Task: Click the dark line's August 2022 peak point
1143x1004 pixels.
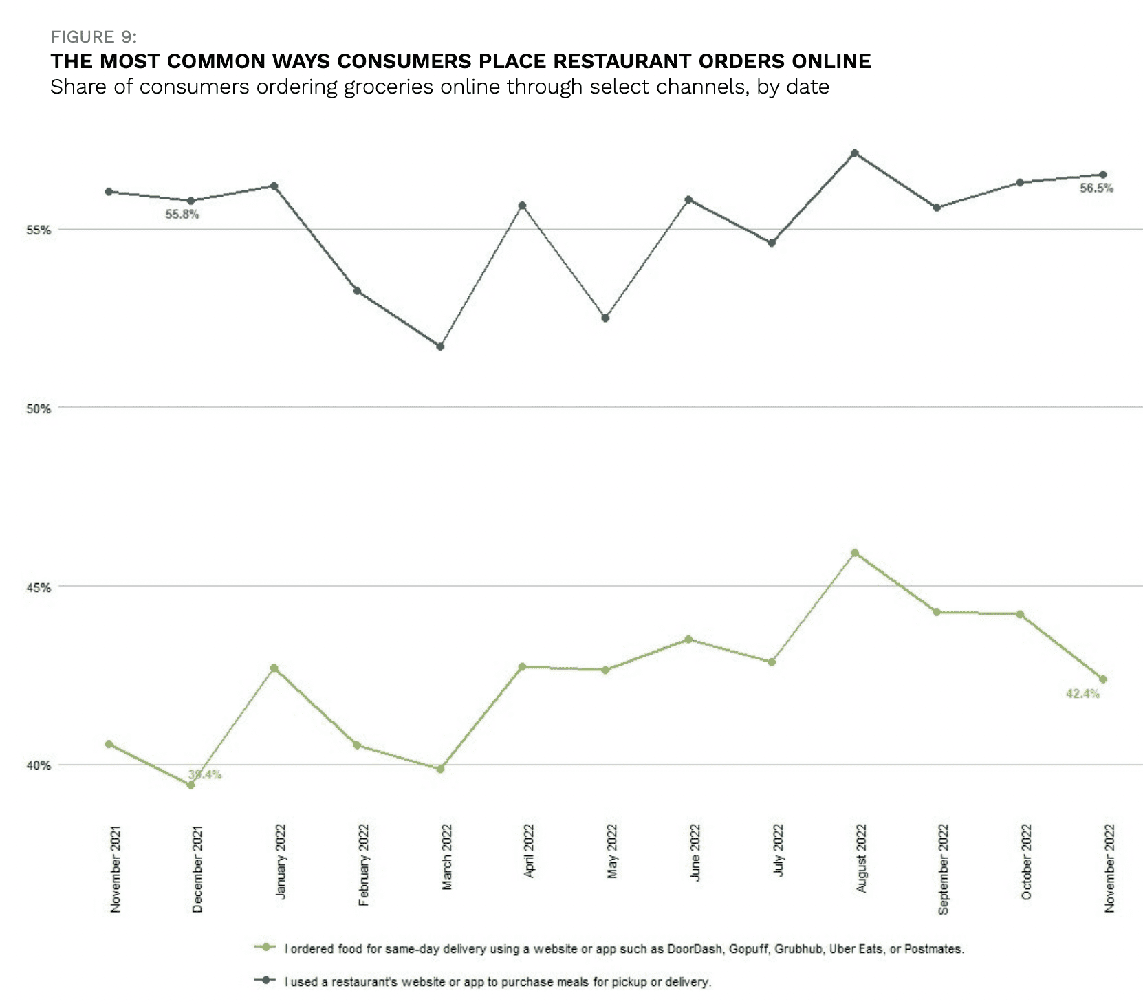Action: click(x=855, y=153)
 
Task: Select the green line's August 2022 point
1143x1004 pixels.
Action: click(x=855, y=553)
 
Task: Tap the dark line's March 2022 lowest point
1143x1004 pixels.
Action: click(x=440, y=347)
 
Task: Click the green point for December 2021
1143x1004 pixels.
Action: click(x=191, y=785)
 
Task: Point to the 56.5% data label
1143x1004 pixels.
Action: click(x=1096, y=188)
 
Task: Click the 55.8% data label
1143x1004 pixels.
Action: click(x=182, y=215)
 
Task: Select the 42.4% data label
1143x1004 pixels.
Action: click(x=1082, y=694)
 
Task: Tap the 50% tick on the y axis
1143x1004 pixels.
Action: click(x=39, y=408)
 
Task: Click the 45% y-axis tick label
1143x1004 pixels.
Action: click(x=39, y=587)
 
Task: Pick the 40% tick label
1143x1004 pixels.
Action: click(x=39, y=765)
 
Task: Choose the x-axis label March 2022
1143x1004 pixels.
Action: click(x=447, y=857)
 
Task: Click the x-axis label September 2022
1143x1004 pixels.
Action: click(x=944, y=869)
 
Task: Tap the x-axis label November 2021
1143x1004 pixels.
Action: click(x=115, y=869)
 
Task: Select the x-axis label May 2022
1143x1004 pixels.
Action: click(x=612, y=851)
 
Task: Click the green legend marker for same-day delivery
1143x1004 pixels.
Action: click(x=265, y=948)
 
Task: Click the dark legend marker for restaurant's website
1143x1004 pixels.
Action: click(x=265, y=981)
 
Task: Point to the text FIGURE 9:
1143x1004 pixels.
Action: click(x=94, y=37)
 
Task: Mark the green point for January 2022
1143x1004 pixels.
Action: click(x=274, y=668)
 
